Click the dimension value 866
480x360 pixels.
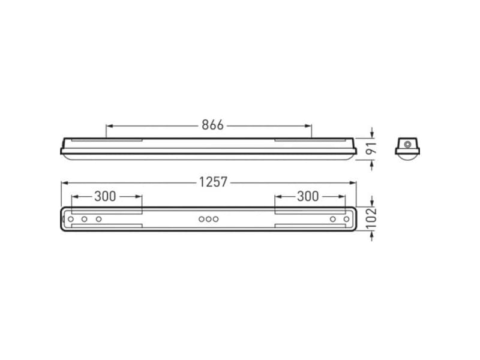[x=212, y=125]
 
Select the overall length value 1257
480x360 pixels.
[x=214, y=182]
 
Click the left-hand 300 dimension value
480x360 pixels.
[x=106, y=196]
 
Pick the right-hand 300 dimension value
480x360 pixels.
[x=308, y=196]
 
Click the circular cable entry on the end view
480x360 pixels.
[x=408, y=144]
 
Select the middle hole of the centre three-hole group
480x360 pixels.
[x=208, y=220]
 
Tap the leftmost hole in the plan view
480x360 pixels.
[x=71, y=220]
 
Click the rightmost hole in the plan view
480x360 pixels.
[x=347, y=220]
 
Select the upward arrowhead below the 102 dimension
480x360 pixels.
[x=372, y=235]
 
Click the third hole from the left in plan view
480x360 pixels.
[x=98, y=220]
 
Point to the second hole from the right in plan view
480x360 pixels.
[x=332, y=220]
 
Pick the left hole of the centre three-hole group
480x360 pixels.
[x=202, y=220]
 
